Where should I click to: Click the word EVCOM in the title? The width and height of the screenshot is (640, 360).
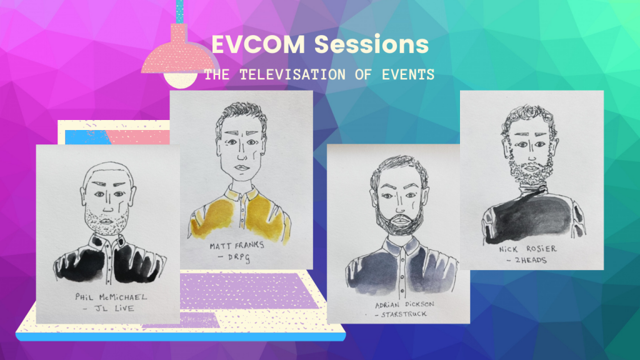tap(258, 44)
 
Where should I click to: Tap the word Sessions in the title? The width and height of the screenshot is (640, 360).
tap(371, 44)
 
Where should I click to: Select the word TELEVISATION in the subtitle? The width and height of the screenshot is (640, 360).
tap(292, 75)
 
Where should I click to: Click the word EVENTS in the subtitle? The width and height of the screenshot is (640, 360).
tap(407, 75)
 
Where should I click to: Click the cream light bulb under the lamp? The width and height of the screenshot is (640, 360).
tap(181, 80)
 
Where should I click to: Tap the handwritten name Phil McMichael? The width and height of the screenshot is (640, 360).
tap(111, 297)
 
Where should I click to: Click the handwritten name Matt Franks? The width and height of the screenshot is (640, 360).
tap(237, 245)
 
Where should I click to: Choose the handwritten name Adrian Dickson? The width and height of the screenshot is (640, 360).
tap(404, 304)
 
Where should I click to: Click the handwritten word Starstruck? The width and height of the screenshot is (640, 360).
tap(401, 314)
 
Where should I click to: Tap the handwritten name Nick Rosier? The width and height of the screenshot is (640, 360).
tap(527, 249)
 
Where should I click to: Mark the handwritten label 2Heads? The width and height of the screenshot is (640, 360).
tap(526, 260)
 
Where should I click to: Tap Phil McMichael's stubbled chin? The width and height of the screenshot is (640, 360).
tap(107, 222)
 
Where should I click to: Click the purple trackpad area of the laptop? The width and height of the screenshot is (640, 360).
tap(249, 291)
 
